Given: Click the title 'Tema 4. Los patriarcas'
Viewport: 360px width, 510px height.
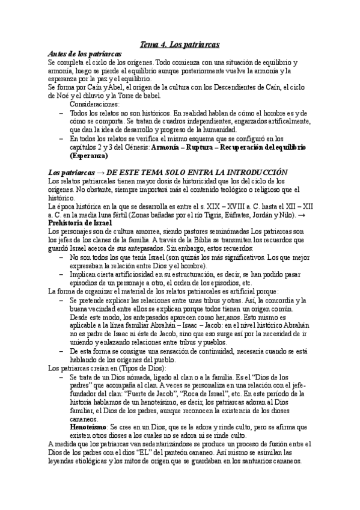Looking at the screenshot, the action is coord(180,45).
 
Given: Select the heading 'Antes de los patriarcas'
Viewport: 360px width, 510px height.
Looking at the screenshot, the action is coord(85,54).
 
